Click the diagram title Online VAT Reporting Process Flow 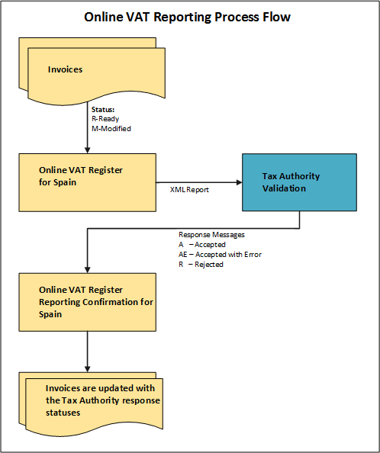pos(188,16)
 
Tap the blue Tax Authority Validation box pos(298,182)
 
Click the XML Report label pos(190,188)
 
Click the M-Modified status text pos(111,129)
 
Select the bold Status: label pos(103,111)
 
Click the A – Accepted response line pos(202,245)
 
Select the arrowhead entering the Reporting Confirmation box pos(88,268)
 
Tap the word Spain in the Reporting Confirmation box pos(51,314)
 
